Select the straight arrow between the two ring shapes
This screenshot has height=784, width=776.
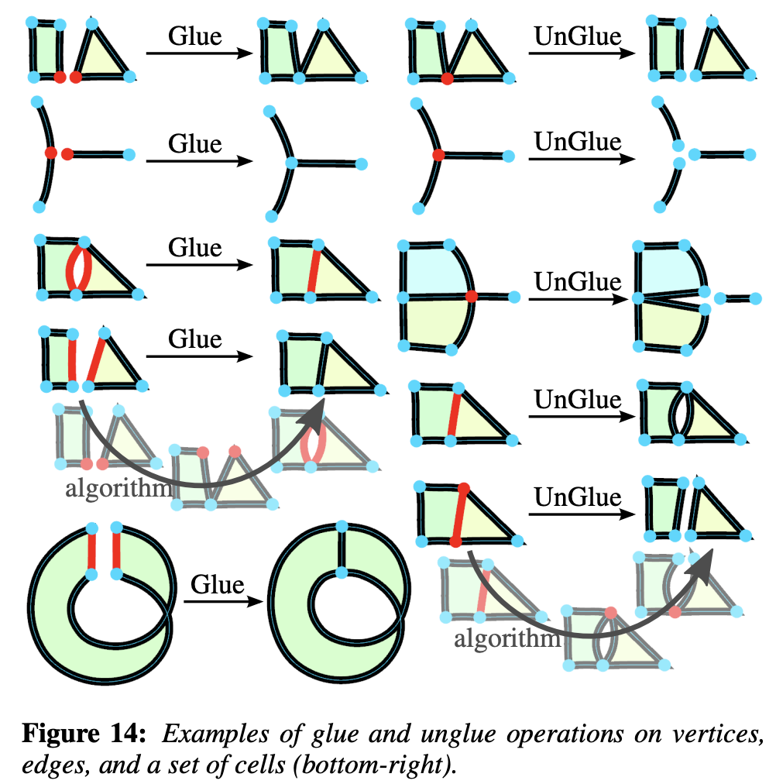pyautogui.click(x=217, y=601)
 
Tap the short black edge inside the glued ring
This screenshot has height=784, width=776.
pyautogui.click(x=341, y=552)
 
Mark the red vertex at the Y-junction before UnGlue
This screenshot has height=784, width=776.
pyautogui.click(x=438, y=155)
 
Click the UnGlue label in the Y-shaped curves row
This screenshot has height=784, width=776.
pyautogui.click(x=577, y=142)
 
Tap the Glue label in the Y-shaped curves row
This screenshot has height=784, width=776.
pyautogui.click(x=195, y=143)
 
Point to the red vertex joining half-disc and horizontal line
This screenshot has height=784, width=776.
pyautogui.click(x=472, y=297)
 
